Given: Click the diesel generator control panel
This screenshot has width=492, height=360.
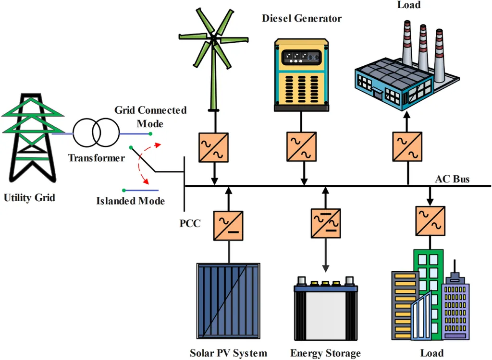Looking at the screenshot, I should [x=302, y=57].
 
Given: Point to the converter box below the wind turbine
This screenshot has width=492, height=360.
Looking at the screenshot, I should [x=214, y=147].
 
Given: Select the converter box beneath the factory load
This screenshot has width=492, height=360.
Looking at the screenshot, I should [x=407, y=147].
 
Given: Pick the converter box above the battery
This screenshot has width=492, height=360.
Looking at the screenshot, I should [x=325, y=222].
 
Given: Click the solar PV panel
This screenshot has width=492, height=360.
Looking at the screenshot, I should [x=228, y=300].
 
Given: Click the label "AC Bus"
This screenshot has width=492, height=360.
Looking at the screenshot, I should [x=452, y=180].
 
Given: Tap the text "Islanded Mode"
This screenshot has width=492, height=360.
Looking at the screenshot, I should [x=131, y=201].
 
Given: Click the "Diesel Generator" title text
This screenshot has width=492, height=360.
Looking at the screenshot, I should [x=302, y=19].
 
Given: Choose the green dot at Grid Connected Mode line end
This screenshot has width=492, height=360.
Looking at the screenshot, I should [x=150, y=134].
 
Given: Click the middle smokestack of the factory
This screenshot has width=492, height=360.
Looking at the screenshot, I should [x=423, y=46].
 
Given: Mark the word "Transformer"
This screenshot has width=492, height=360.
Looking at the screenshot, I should [x=96, y=157].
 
